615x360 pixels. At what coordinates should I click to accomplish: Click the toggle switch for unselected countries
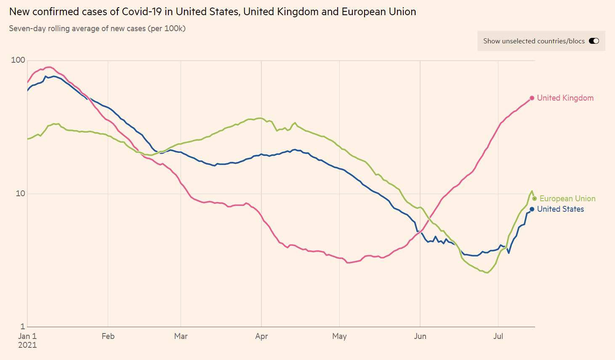tap(594, 41)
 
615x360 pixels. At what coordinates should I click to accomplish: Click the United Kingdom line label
tap(565, 98)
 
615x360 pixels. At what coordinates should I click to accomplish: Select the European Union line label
tap(567, 199)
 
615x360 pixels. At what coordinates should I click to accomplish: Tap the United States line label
tap(560, 209)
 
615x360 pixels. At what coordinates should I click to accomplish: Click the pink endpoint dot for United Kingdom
tap(532, 98)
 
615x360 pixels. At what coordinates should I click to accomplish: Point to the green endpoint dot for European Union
tap(535, 199)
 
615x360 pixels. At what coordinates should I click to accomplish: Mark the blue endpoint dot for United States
tap(532, 209)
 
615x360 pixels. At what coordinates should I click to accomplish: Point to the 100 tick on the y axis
tap(18, 60)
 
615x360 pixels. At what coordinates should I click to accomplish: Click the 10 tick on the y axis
tap(20, 194)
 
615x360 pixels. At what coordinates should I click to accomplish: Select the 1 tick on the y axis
tap(23, 326)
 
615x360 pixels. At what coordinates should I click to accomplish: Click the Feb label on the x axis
tap(108, 336)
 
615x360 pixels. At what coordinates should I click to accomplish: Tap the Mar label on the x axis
tap(181, 336)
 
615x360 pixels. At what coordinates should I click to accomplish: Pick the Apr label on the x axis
tap(261, 336)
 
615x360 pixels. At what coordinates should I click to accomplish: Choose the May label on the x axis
tap(339, 336)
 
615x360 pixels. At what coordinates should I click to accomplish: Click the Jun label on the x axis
tap(420, 336)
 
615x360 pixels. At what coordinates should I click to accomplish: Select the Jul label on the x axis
tap(498, 336)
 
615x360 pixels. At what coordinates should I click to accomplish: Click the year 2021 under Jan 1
tap(27, 345)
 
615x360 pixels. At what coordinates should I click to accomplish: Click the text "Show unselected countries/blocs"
tap(534, 41)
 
